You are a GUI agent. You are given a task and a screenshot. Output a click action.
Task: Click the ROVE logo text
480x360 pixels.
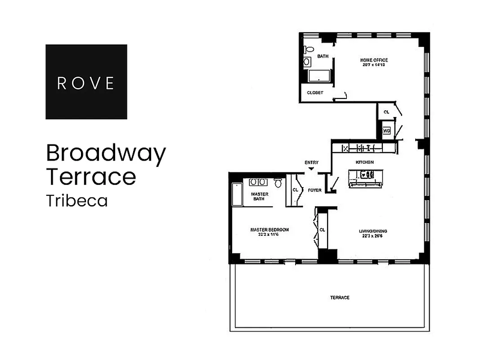(x=86, y=83)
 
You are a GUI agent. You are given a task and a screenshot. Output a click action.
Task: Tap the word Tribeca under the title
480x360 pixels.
(x=77, y=201)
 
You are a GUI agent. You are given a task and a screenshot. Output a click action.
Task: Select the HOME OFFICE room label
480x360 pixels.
(x=373, y=60)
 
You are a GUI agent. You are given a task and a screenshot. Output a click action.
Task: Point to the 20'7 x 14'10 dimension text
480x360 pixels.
(x=373, y=65)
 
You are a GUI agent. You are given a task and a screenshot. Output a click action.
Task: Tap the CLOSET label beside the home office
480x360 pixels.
(x=315, y=93)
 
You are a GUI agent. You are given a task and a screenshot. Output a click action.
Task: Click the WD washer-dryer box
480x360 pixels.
(x=386, y=131)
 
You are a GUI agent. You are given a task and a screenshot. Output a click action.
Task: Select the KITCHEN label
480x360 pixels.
(x=365, y=162)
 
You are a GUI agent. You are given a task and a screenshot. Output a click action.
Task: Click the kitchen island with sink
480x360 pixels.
(x=366, y=178)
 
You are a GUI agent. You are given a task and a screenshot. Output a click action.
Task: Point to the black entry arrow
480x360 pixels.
(x=311, y=169)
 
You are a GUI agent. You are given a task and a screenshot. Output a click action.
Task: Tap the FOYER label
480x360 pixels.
(x=314, y=190)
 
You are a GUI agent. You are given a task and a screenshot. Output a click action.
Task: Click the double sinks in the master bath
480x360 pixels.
(x=257, y=182)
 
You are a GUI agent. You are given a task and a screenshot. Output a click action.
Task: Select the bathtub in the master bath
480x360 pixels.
(x=236, y=194)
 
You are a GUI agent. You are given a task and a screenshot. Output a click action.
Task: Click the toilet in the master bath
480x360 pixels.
(x=278, y=183)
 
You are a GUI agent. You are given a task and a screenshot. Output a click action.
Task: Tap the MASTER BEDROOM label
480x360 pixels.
(x=269, y=229)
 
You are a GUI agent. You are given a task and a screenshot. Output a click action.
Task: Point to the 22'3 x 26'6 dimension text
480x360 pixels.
(x=373, y=236)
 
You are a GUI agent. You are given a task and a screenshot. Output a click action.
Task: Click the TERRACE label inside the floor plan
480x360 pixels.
(x=340, y=297)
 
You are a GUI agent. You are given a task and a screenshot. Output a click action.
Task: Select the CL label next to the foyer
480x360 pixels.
(x=295, y=190)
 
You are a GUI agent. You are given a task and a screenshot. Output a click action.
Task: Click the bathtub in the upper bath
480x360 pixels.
(x=319, y=76)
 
